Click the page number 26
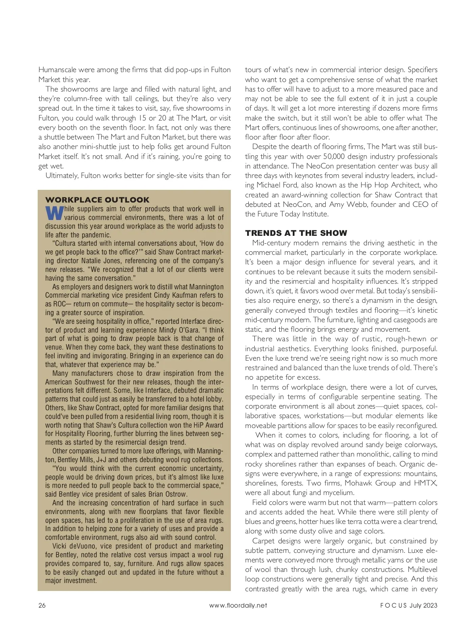(42, 605)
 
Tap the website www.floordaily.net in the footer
(238, 605)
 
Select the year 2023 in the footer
(430, 605)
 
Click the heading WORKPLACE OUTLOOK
(98, 200)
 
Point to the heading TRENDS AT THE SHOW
(296, 233)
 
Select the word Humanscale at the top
(58, 70)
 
